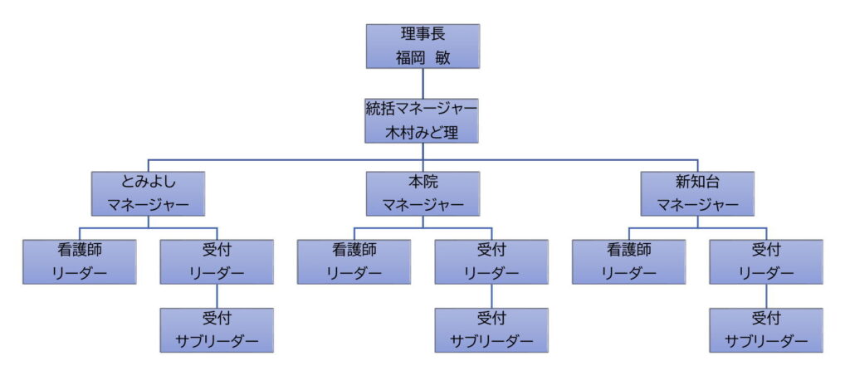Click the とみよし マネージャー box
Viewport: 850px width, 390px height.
point(149,193)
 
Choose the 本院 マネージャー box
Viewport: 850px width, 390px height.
point(423,193)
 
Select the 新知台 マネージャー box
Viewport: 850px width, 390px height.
point(698,193)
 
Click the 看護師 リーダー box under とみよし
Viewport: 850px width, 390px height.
point(80,261)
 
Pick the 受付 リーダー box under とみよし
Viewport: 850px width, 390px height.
point(217,261)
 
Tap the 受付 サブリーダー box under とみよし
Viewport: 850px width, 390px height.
point(217,329)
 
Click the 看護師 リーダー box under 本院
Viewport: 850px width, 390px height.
point(354,261)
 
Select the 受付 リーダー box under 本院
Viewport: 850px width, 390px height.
point(491,261)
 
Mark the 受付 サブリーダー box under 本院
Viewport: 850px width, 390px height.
point(491,329)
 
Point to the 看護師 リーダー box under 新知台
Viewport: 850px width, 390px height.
point(629,261)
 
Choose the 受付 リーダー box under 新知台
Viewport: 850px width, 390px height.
point(766,261)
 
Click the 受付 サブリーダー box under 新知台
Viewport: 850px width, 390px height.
point(766,329)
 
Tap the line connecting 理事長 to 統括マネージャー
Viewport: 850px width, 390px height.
point(423,83)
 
